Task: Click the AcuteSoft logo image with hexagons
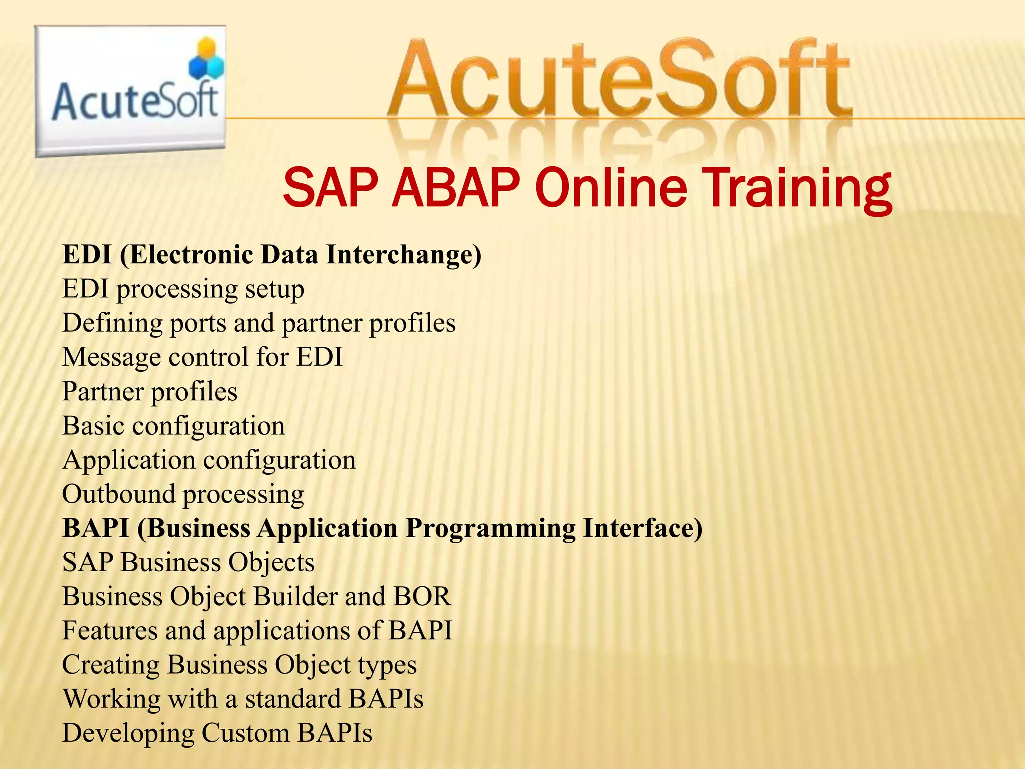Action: tap(130, 90)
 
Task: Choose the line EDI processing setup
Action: tap(183, 289)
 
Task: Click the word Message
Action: tap(111, 357)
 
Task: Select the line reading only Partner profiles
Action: tap(150, 392)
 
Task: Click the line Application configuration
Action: tap(209, 460)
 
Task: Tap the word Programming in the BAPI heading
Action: tap(490, 529)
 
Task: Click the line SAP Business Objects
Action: tap(188, 562)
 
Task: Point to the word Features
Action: tap(110, 631)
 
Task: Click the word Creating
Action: tap(110, 665)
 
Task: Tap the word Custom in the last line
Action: tap(245, 733)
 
